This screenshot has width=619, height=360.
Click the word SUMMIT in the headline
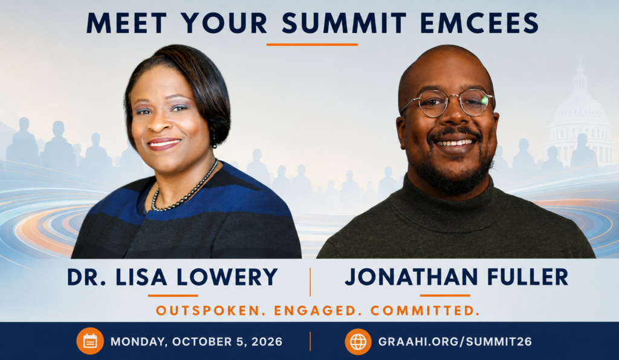(344, 24)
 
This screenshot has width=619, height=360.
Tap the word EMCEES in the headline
(479, 24)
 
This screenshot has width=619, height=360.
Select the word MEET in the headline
(126, 24)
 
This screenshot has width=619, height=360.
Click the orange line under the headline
(312, 45)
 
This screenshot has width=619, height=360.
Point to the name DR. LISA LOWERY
(172, 277)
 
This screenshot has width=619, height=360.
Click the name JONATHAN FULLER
(456, 277)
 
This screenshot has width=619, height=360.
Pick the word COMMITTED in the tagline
(425, 310)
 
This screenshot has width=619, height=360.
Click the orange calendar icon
(90, 341)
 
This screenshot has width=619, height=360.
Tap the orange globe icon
(358, 341)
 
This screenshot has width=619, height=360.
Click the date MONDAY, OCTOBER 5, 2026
(196, 341)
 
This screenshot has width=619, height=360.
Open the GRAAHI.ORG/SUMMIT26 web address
(455, 341)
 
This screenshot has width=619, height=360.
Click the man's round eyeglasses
(448, 103)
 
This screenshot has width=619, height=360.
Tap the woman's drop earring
(215, 140)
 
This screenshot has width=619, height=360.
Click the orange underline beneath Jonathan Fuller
(445, 295)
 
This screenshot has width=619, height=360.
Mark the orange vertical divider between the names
(310, 282)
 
